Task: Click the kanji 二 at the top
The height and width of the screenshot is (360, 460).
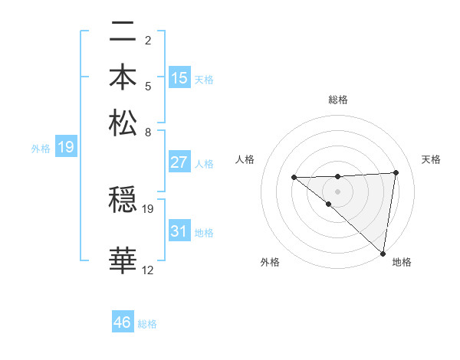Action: (123, 33)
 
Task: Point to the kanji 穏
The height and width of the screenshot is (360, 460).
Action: (123, 201)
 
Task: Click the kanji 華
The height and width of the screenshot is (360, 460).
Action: (123, 260)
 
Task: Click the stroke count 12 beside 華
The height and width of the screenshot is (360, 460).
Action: (148, 270)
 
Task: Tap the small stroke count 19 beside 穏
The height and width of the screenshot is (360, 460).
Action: (148, 208)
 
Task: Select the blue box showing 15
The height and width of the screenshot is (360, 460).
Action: (179, 78)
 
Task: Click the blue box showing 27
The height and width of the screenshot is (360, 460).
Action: (179, 162)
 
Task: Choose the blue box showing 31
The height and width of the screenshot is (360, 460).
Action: (179, 231)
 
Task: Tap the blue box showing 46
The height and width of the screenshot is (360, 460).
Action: (123, 322)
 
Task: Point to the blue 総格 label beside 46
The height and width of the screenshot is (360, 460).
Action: (148, 324)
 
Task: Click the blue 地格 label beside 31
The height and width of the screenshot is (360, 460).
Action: (204, 233)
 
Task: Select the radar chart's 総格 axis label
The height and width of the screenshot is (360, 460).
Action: (337, 100)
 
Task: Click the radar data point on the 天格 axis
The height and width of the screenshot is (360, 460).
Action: (396, 172)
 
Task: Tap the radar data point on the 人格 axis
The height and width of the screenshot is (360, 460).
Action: (294, 178)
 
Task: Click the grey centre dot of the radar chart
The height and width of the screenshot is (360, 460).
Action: (337, 191)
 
